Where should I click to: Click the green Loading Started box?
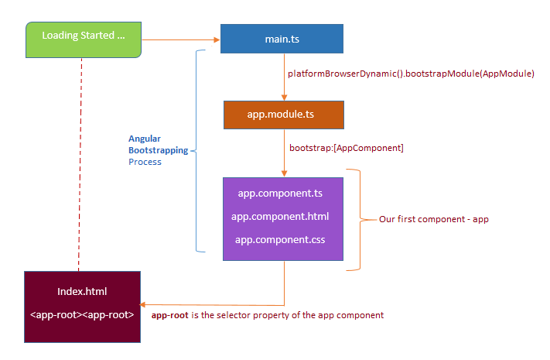pyautogui.click(x=84, y=39)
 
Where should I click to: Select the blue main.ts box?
pyautogui.click(x=282, y=39)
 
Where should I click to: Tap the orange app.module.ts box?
pyautogui.click(x=284, y=115)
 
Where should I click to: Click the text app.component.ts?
pyautogui.click(x=280, y=194)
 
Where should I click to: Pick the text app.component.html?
pyautogui.click(x=280, y=216)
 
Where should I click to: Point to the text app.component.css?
pyautogui.click(x=280, y=239)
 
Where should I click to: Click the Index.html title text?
pyautogui.click(x=82, y=292)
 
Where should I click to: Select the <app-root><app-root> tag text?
pyautogui.click(x=82, y=314)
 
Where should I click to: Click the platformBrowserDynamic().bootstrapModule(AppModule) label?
pyautogui.click(x=411, y=74)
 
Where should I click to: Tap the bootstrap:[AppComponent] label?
pyautogui.click(x=347, y=148)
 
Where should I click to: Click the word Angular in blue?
pyautogui.click(x=145, y=139)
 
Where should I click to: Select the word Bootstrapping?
pyautogui.click(x=159, y=150)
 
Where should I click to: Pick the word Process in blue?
pyautogui.click(x=145, y=162)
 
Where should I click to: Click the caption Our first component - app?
pyautogui.click(x=433, y=219)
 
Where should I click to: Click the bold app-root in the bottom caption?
pyautogui.click(x=169, y=315)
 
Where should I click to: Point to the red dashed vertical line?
pyautogui.click(x=80, y=164)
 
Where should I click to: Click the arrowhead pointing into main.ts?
pyautogui.click(x=217, y=39)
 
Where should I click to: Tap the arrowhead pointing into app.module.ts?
pyautogui.click(x=284, y=98)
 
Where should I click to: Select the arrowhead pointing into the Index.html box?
pyautogui.click(x=143, y=304)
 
